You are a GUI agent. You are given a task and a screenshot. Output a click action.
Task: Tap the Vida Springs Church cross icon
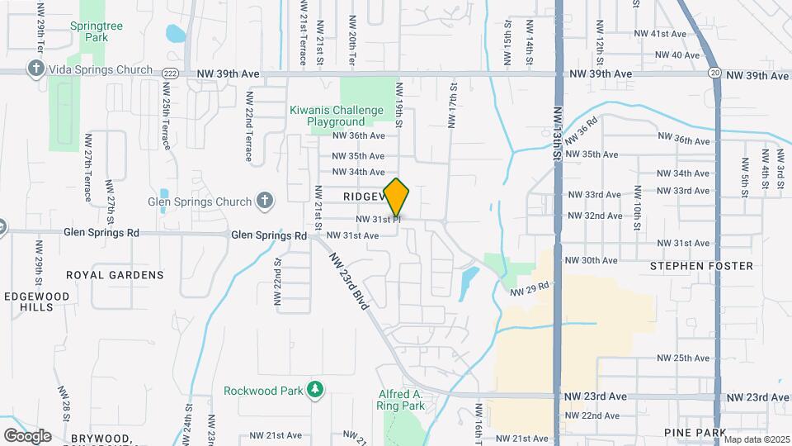[x=35, y=69]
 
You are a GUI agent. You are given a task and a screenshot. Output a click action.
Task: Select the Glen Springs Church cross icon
[x=264, y=200]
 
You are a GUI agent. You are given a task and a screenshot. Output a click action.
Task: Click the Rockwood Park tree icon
[x=313, y=388]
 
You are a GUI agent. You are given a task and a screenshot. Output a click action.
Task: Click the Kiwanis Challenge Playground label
[x=336, y=116]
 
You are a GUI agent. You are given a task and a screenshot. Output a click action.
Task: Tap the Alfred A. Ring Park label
[x=401, y=400]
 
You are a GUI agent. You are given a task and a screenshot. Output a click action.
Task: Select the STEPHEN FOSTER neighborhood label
[x=701, y=266]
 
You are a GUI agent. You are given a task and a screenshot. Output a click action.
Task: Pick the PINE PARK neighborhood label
[x=694, y=433]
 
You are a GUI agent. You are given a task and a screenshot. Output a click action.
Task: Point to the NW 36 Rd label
[x=581, y=131]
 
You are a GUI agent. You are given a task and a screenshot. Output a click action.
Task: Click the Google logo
[x=27, y=435]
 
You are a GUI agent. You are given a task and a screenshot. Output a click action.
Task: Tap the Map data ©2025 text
[x=757, y=439]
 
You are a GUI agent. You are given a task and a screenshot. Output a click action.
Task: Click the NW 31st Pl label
[x=378, y=220]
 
